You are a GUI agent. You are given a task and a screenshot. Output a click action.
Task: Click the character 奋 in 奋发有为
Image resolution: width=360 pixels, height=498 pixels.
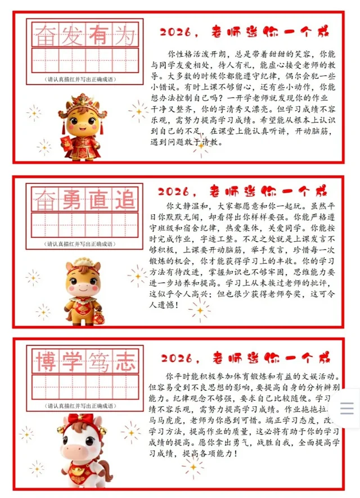click(45, 35)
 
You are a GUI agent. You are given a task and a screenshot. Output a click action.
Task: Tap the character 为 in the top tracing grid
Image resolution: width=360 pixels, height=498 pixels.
click(125, 35)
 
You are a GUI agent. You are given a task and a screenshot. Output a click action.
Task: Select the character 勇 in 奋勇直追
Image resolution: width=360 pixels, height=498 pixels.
click(71, 200)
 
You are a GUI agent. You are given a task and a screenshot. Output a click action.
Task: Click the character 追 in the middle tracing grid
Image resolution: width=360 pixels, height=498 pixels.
click(125, 200)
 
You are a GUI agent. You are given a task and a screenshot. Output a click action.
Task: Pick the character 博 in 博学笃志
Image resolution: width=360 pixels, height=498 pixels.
click(46, 361)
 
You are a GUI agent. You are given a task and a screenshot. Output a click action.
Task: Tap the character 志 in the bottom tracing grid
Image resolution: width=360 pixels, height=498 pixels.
click(125, 361)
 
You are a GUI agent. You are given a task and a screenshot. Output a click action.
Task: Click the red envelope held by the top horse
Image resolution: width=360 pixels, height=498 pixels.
click(66, 143)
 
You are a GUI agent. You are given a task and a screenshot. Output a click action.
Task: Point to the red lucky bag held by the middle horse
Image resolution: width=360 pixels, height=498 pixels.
click(98, 317)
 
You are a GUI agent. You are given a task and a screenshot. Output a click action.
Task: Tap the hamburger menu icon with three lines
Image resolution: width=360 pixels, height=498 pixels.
click(346, 408)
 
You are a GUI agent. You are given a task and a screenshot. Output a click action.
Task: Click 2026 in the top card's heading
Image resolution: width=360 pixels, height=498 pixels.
click(175, 32)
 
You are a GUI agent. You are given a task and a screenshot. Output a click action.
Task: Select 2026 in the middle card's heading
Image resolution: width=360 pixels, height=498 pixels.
click(173, 192)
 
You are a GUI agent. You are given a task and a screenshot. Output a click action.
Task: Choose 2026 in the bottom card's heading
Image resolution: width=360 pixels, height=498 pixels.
click(177, 358)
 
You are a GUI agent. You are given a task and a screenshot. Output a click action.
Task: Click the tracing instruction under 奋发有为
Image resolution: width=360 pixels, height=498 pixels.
click(80, 79)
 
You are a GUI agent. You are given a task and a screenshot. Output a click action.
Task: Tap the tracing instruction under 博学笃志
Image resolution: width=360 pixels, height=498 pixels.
click(80, 406)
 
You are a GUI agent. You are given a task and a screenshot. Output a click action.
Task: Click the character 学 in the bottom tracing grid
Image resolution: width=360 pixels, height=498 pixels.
click(72, 361)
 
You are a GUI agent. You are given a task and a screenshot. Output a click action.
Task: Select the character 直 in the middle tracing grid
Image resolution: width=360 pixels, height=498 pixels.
click(98, 200)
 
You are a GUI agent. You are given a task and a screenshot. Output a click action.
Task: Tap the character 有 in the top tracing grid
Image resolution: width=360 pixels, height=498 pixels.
click(98, 35)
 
